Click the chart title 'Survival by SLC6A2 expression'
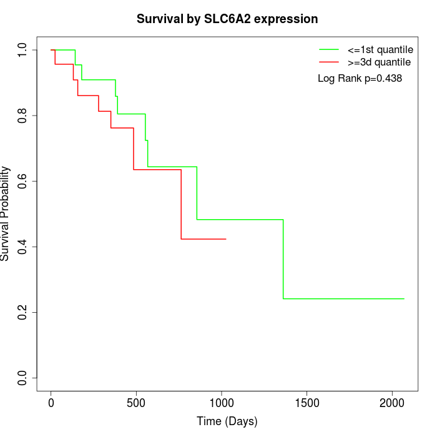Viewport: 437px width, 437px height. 227,19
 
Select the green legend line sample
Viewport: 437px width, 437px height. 329,49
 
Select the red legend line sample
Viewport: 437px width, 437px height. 329,62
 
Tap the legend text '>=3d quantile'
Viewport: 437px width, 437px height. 378,62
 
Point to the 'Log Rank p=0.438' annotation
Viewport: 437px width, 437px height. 360,79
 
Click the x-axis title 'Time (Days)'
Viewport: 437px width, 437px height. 227,421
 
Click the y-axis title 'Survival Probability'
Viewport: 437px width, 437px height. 6,214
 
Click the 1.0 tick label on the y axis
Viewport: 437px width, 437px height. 23,50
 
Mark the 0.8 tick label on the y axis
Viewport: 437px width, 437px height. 23,115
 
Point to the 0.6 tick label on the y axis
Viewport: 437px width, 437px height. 23,181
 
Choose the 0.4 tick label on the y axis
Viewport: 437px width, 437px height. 23,247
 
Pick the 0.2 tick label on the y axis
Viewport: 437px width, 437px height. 23,312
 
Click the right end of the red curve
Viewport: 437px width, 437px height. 226,239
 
